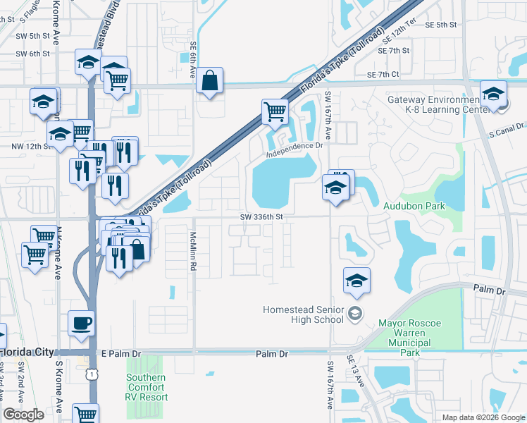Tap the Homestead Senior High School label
pos(303,314)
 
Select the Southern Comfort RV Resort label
pos(147,387)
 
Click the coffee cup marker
pos(81,323)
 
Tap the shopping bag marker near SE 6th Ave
pos(210,80)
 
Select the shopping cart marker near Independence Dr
pos(274,111)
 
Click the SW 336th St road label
pos(261,217)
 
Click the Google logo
pos(23,415)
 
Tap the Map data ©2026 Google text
pos(483,417)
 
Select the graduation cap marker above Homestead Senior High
pos(357,281)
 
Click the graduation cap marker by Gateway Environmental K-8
pos(493,94)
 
